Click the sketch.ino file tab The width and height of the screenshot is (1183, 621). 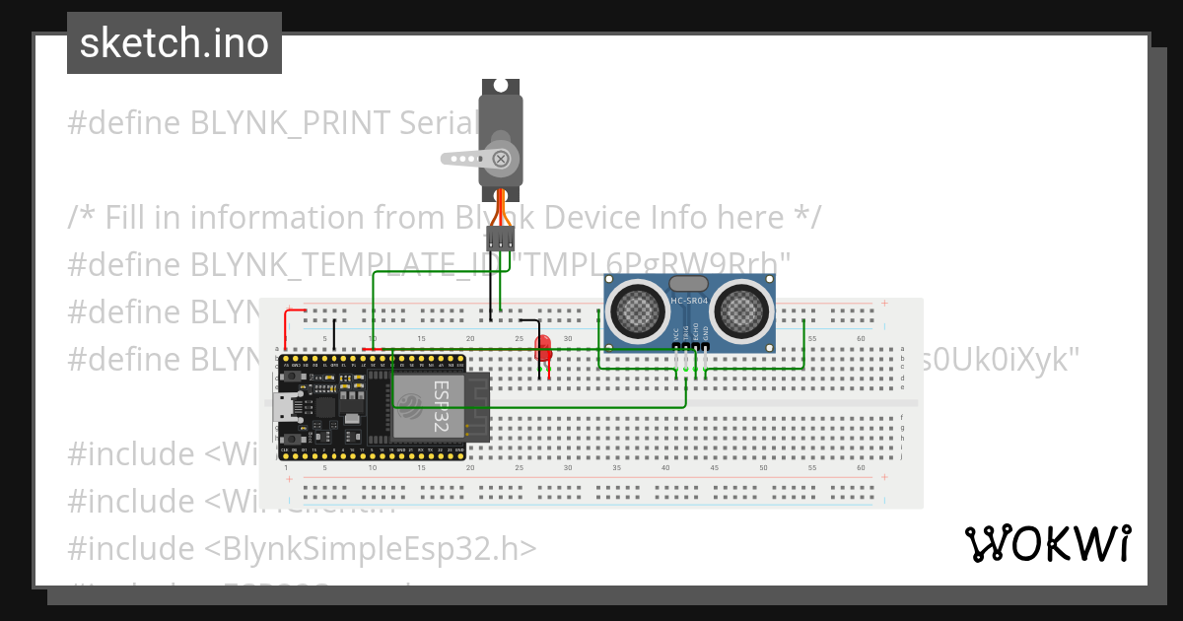pyautogui.click(x=174, y=43)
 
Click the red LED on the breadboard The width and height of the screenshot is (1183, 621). pyautogui.click(x=542, y=348)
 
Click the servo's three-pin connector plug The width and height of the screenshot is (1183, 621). pyautogui.click(x=500, y=238)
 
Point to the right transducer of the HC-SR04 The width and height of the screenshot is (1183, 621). pyautogui.click(x=740, y=308)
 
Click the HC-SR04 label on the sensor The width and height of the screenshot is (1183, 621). pyautogui.click(x=689, y=300)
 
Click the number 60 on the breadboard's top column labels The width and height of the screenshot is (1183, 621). pyautogui.click(x=861, y=339)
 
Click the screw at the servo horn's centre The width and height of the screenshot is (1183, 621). pyautogui.click(x=501, y=158)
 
